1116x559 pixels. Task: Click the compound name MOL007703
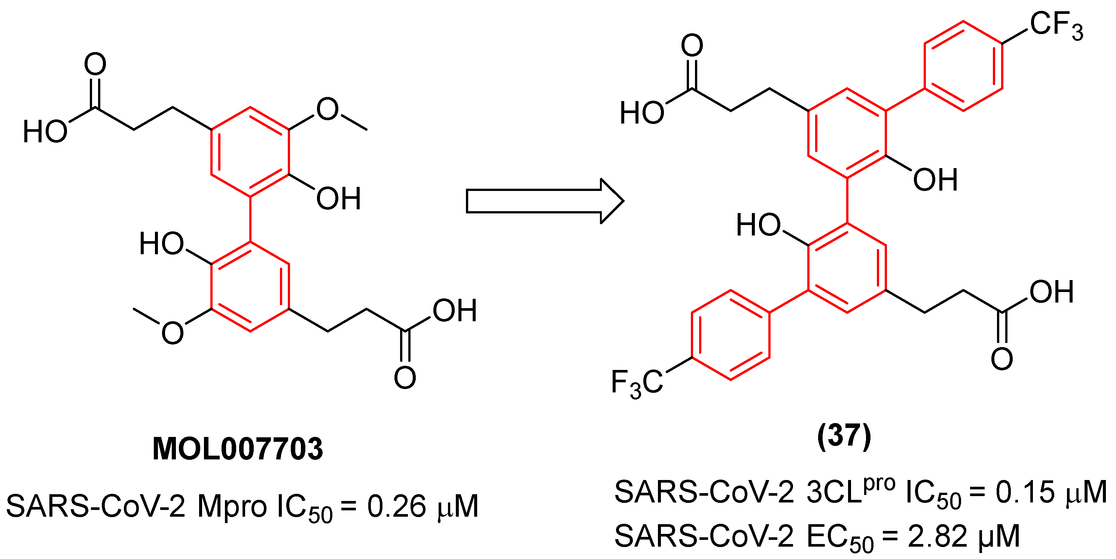pos(237,449)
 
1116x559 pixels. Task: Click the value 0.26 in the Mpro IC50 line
pos(396,506)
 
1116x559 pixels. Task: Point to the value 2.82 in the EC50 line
pos(937,537)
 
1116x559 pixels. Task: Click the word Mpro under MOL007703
pos(232,506)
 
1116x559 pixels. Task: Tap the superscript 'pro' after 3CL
pos(879,484)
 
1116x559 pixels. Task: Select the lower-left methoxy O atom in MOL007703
pos(173,333)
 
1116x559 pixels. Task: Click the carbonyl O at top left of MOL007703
pos(95,64)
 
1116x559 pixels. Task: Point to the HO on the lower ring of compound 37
pos(758,225)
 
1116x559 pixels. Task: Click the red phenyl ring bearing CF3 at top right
pos(963,66)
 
